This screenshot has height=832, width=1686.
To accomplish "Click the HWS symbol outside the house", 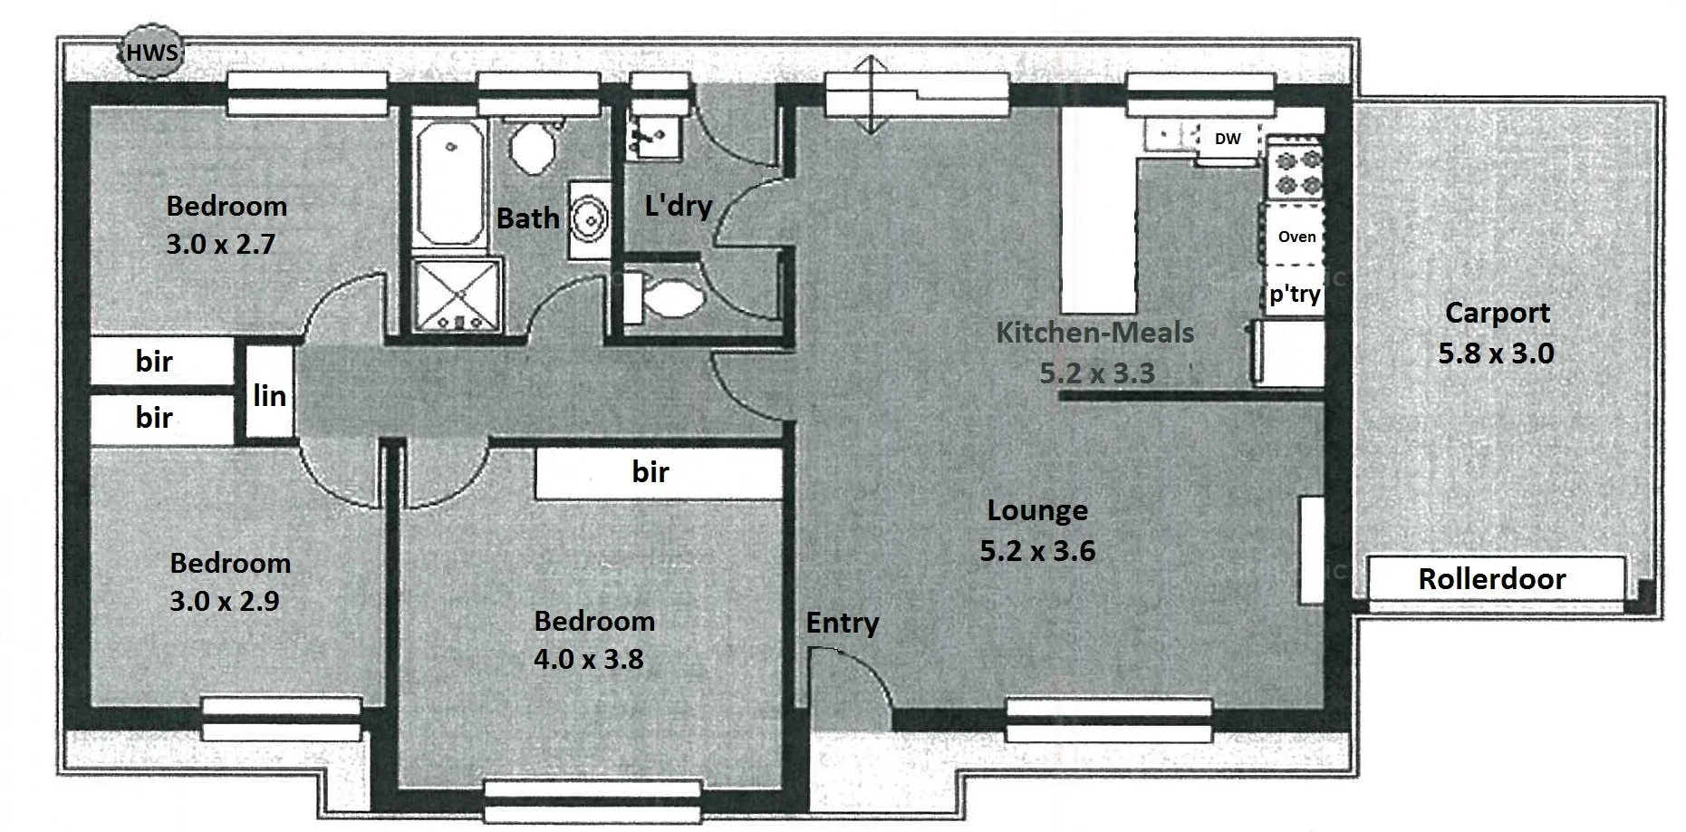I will [x=152, y=53].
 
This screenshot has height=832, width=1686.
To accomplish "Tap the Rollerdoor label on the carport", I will [x=1492, y=579].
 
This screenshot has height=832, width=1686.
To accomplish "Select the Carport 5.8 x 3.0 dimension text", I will [x=1496, y=353].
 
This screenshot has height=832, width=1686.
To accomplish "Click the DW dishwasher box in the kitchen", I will [x=1228, y=139].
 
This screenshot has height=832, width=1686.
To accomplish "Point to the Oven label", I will [x=1296, y=237].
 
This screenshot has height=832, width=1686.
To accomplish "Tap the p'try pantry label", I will [x=1295, y=295].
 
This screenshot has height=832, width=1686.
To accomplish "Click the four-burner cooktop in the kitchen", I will [x=1295, y=173].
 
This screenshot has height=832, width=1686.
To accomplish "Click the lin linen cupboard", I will [x=270, y=396].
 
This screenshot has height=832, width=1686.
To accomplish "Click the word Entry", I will [x=842, y=623].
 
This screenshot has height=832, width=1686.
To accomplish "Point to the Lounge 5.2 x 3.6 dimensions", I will [x=1037, y=550].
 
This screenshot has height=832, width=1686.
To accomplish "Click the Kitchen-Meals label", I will [x=1094, y=333].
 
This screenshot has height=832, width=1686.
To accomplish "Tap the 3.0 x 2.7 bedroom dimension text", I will [x=220, y=244].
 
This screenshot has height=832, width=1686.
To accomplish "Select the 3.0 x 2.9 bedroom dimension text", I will [x=225, y=601].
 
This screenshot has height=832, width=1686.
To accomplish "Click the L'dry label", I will [x=678, y=206].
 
